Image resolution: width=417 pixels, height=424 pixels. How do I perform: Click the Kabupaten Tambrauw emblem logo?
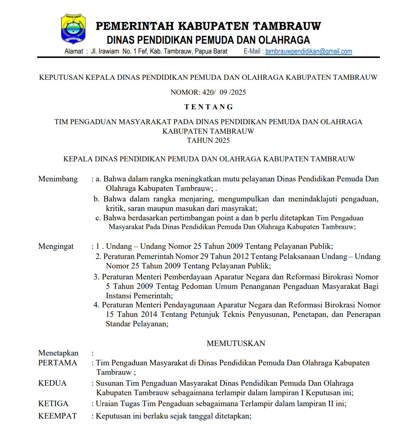point(74,29)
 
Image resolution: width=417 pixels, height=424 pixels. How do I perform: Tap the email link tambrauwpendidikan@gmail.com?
point(309,51)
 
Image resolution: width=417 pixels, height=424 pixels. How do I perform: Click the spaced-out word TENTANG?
point(208,107)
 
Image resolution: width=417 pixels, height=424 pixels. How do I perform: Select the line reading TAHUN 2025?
point(208,140)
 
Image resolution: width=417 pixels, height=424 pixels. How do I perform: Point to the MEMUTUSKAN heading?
point(236,343)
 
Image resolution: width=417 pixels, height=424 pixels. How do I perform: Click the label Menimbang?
point(58,179)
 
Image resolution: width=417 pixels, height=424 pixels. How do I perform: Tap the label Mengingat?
point(56,246)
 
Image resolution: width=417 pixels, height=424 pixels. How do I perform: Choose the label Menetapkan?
point(58,353)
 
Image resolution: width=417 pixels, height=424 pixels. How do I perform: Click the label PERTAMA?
point(57,363)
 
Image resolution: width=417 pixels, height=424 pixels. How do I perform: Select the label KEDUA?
point(52,383)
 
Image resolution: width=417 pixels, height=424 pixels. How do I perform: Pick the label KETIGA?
point(53,404)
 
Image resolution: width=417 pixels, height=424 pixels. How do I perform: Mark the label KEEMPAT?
point(57,416)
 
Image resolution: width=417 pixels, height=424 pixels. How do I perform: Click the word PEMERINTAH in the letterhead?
point(135,26)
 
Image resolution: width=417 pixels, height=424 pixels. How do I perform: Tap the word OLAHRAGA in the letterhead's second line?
point(284,40)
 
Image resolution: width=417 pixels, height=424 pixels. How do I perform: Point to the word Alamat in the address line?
point(74,51)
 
